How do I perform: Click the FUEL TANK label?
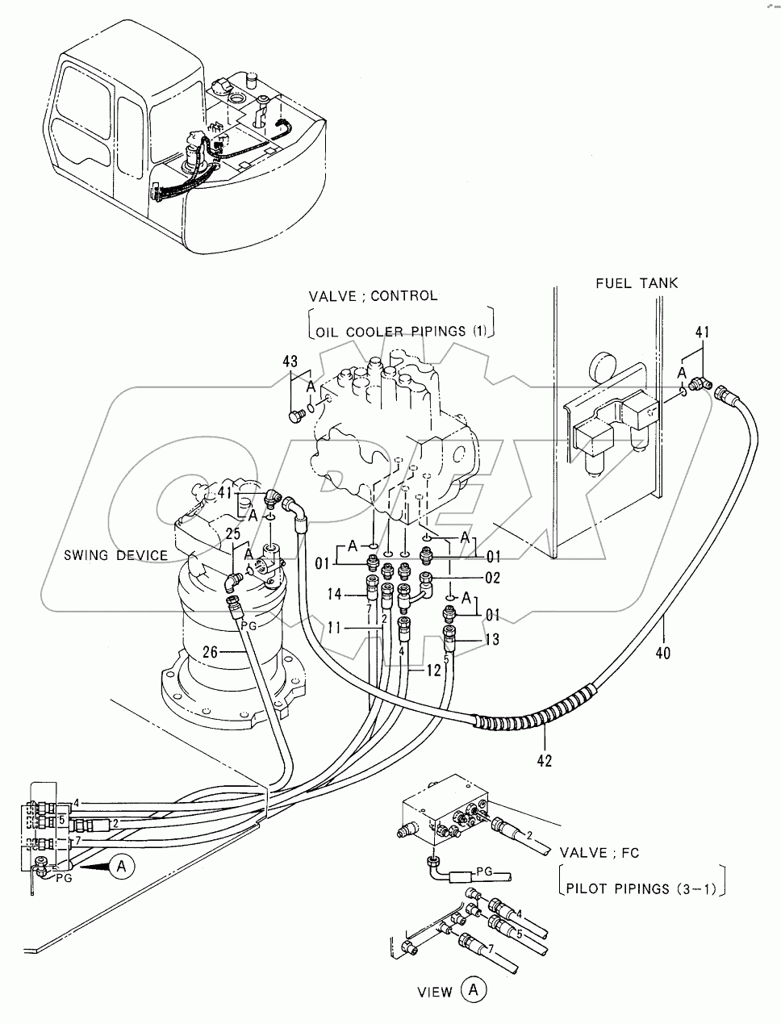637,283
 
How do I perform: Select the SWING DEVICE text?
116,555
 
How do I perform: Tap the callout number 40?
662,652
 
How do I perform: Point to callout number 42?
545,760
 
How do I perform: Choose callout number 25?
233,534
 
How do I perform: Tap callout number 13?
491,640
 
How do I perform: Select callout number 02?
491,578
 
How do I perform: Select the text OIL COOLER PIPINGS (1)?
402,332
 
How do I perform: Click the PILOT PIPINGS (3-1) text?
641,889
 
